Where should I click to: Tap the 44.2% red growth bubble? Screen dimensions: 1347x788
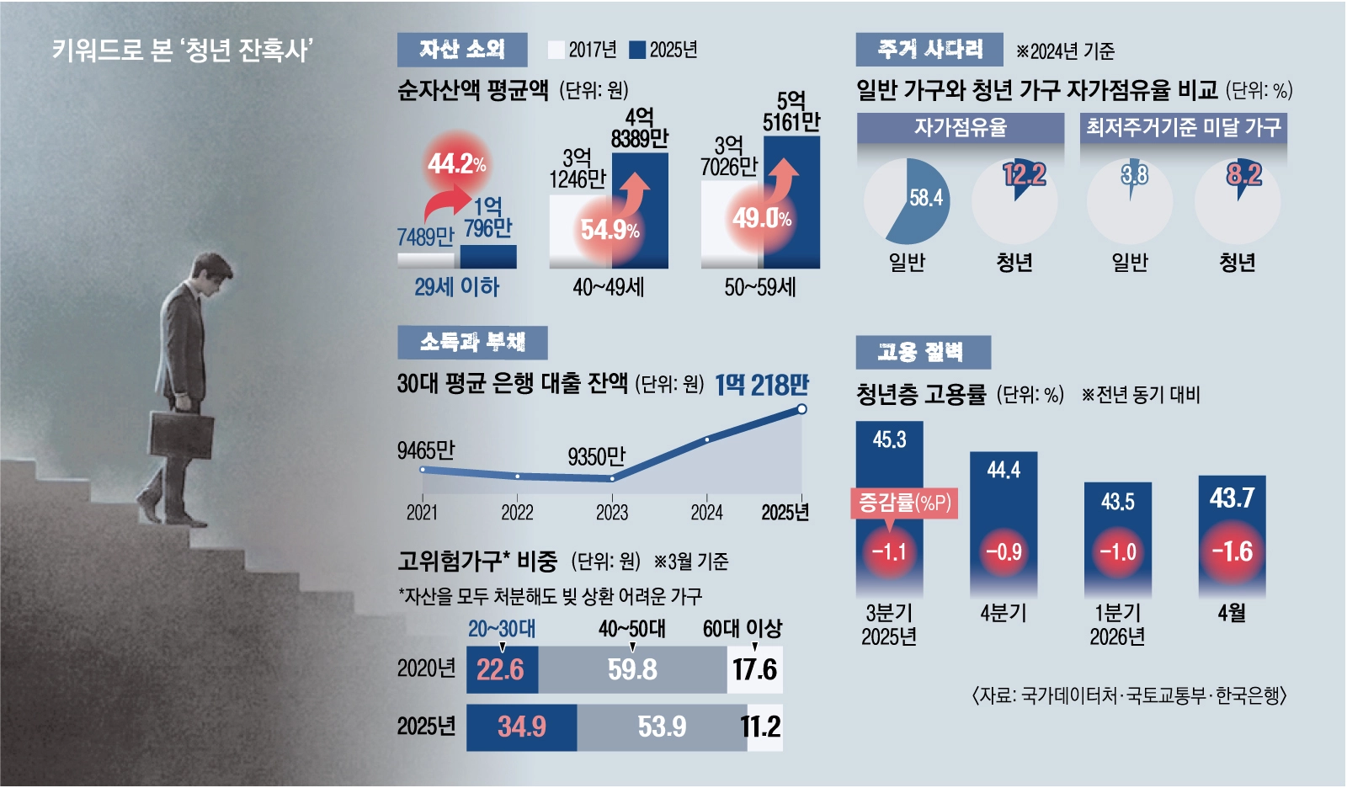tap(457, 163)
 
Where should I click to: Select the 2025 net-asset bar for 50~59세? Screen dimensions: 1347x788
tap(791, 202)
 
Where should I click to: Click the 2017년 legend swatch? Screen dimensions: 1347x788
tap(556, 50)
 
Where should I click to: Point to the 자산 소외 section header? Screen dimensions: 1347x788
tap(462, 50)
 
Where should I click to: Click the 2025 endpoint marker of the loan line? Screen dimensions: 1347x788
tap(801, 409)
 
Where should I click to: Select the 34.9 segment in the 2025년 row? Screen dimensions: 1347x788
tap(521, 727)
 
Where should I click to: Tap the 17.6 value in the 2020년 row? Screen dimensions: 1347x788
tap(754, 669)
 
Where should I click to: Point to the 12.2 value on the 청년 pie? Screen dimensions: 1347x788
tap(1025, 174)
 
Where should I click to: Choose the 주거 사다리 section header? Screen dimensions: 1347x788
tap(929, 50)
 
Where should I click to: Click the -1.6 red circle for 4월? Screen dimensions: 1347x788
tap(1233, 551)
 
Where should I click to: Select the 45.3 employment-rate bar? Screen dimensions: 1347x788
tap(889, 508)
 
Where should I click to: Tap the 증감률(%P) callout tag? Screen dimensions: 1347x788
tap(904, 502)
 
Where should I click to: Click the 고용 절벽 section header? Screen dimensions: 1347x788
tap(923, 352)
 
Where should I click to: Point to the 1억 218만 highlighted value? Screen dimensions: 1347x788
tap(762, 385)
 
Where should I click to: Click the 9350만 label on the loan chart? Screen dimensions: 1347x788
tap(597, 457)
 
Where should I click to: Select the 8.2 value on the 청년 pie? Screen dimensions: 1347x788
tap(1244, 174)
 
